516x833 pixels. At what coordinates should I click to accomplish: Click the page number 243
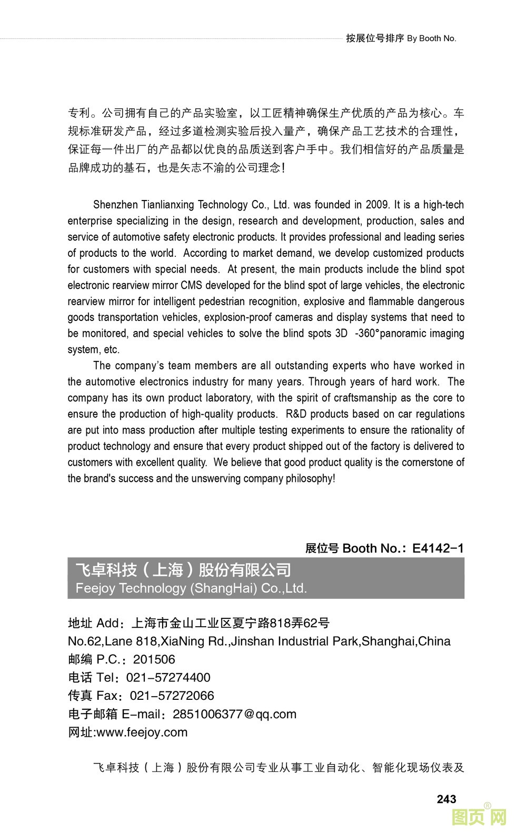point(446,799)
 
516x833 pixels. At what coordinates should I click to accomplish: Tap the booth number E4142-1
point(438,548)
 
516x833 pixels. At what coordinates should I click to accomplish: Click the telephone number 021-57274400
point(168,677)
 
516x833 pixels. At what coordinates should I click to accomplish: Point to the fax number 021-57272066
point(172,696)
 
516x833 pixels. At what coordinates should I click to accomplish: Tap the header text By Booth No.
point(431,38)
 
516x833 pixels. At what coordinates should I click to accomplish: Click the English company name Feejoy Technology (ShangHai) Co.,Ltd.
point(191,588)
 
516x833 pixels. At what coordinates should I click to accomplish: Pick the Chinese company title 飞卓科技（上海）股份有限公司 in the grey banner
point(183,570)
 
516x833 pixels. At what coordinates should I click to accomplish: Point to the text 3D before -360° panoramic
point(341,334)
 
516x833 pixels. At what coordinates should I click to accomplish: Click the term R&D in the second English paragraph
point(297,414)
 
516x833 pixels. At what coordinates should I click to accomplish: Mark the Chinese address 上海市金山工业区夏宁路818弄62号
point(230,623)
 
